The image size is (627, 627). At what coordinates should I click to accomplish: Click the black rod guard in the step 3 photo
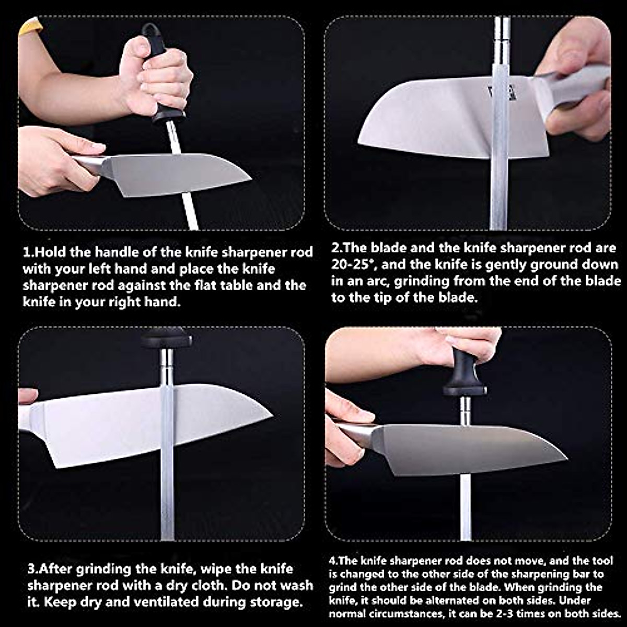pyautogui.click(x=166, y=340)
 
